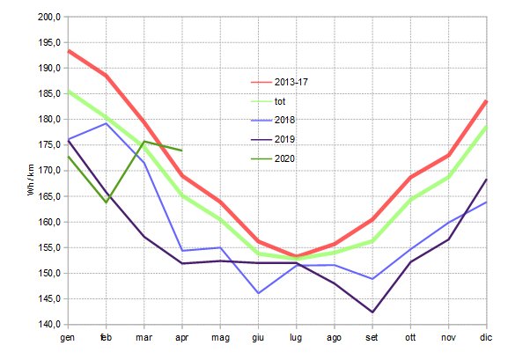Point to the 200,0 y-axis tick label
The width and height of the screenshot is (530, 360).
tap(49, 18)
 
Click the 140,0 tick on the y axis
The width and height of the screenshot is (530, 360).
tap(49, 325)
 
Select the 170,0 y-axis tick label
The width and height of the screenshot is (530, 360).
tap(49, 172)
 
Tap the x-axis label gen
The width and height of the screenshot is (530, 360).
tap(68, 337)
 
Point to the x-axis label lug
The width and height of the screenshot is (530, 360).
tap(297, 337)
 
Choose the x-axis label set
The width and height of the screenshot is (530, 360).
tap(372, 337)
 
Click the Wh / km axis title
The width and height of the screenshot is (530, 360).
tap(31, 172)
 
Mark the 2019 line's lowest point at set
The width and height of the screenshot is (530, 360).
tap(372, 312)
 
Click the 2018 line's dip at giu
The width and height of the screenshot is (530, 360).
tap(258, 292)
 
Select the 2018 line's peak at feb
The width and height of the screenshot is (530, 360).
tap(106, 123)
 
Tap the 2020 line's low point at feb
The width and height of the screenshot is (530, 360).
tap(106, 202)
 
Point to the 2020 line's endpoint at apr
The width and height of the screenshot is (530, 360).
tap(181, 151)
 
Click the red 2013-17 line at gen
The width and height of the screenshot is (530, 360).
tap(69, 51)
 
